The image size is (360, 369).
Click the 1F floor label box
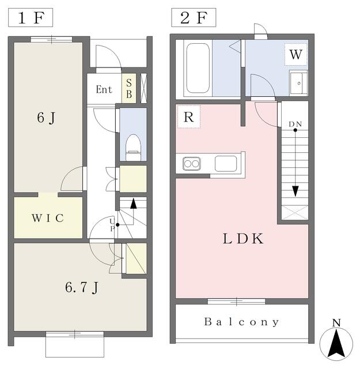[31, 18]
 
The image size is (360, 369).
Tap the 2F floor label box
[194, 18]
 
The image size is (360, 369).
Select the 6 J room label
[46, 118]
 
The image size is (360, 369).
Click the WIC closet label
[48, 218]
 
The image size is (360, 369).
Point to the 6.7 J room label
[82, 288]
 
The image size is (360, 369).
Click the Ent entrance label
[104, 90]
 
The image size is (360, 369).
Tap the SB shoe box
[129, 88]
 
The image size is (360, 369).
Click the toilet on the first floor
[133, 148]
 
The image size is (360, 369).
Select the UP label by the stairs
[112, 225]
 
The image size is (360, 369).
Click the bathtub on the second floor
[198, 68]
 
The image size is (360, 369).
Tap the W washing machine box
[296, 54]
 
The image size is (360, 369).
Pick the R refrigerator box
[188, 116]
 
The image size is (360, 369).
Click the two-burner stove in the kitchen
[192, 164]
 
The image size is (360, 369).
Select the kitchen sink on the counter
[226, 164]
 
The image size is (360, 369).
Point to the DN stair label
[295, 124]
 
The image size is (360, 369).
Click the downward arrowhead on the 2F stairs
[295, 191]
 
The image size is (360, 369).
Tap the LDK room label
[243, 239]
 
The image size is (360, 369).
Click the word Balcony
[242, 322]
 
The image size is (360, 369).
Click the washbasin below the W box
[298, 83]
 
